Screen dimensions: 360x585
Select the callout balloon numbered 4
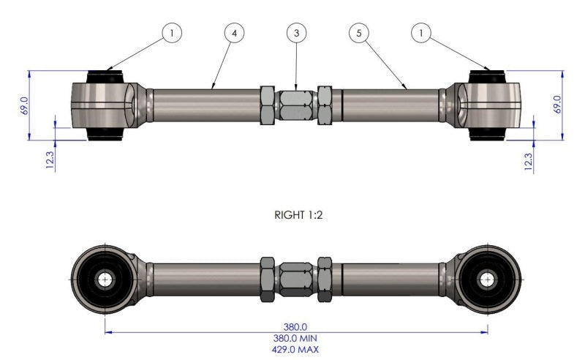click(x=234, y=32)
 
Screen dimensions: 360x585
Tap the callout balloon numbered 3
click(x=296, y=32)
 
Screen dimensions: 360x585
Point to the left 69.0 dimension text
click(x=23, y=105)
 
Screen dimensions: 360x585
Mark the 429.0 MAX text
click(x=296, y=350)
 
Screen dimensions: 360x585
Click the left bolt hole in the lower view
click(x=104, y=279)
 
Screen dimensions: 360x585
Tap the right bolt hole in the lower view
click(x=488, y=279)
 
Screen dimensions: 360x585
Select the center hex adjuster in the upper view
click(x=296, y=106)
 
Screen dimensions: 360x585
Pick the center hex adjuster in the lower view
click(x=296, y=278)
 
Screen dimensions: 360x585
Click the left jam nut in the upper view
click(x=268, y=106)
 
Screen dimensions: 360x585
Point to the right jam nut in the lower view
click(x=325, y=278)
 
